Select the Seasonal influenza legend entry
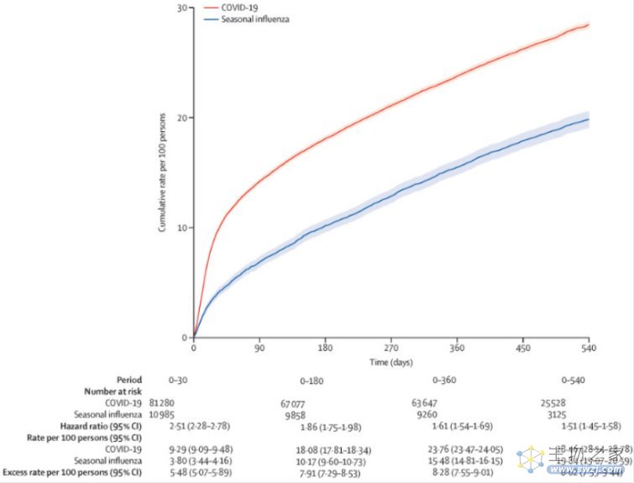point(254,18)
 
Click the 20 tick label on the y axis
point(182,117)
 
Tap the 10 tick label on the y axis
point(182,227)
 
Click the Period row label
point(129,379)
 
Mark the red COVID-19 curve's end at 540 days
point(588,25)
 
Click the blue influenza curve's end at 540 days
point(588,120)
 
